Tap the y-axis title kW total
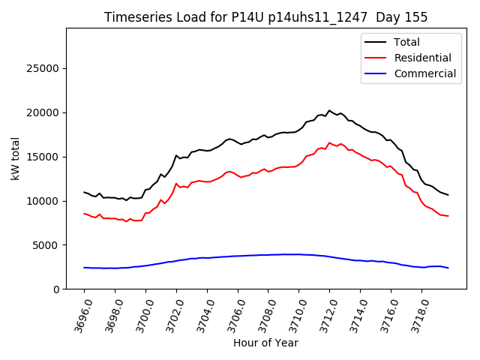tap(16, 158)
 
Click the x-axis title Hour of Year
tap(265, 343)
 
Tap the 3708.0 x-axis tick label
tap(264, 315)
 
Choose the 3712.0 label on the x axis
tap(325, 315)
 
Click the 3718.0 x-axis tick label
tap(418, 315)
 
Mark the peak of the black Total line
tap(329, 110)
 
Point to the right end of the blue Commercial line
tap(448, 268)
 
